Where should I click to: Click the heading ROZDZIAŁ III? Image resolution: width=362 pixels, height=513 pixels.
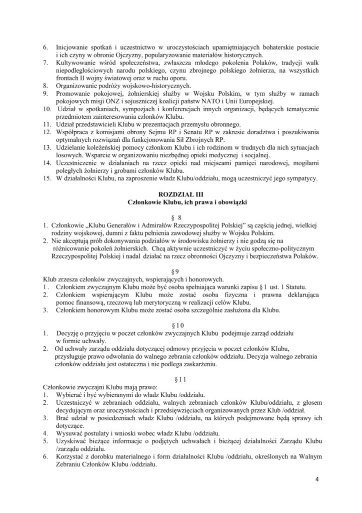click(x=181, y=193)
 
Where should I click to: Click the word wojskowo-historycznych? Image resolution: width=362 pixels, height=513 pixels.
click(x=136, y=85)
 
